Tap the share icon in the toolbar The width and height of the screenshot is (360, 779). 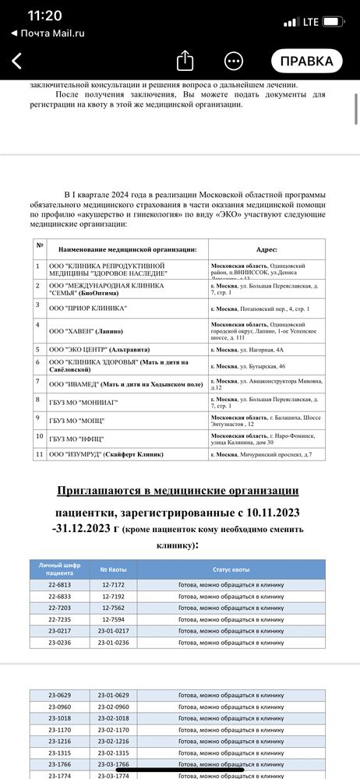185,61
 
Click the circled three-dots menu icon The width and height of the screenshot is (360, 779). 233,61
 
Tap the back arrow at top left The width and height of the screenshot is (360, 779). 18,61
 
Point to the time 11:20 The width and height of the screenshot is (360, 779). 44,16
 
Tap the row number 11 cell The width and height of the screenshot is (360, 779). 39,453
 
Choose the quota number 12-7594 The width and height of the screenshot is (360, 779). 113,622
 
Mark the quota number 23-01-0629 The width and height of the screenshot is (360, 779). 113,694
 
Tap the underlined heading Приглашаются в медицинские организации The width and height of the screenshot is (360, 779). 177,490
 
